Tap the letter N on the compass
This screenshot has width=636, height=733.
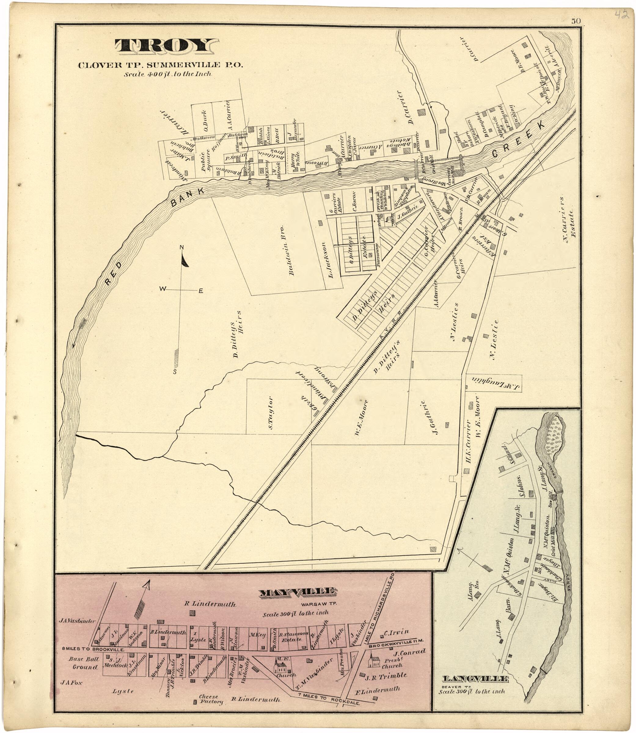181,247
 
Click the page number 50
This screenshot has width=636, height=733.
576,21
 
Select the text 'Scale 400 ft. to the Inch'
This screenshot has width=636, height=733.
167,74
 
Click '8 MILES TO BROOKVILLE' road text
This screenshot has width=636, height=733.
93,650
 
